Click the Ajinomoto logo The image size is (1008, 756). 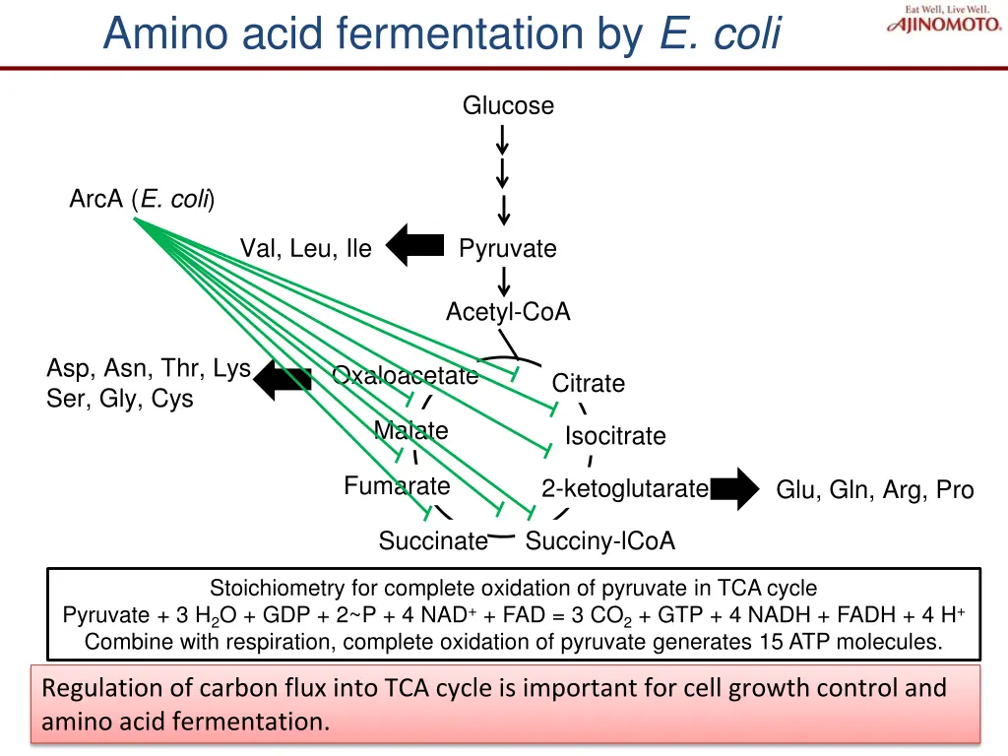pyautogui.click(x=945, y=22)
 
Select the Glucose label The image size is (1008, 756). pyautogui.click(x=508, y=105)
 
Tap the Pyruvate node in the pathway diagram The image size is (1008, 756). pyautogui.click(x=508, y=249)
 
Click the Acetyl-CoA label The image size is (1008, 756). pyautogui.click(x=508, y=312)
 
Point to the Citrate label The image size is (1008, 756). pyautogui.click(x=589, y=383)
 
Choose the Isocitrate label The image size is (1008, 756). pyautogui.click(x=615, y=436)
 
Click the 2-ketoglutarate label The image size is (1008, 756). pyautogui.click(x=624, y=489)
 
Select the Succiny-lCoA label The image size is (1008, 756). pyautogui.click(x=600, y=541)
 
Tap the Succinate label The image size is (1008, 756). pyautogui.click(x=433, y=541)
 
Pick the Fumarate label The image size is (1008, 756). pyautogui.click(x=397, y=486)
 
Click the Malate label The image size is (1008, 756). pyautogui.click(x=410, y=431)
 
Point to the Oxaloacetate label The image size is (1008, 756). pyautogui.click(x=405, y=376)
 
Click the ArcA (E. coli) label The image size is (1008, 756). pyautogui.click(x=142, y=200)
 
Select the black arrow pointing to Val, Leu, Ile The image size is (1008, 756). pyautogui.click(x=414, y=245)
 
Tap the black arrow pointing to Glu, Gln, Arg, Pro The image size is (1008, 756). pyautogui.click(x=734, y=489)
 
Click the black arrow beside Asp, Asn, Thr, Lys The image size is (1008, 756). pyautogui.click(x=283, y=379)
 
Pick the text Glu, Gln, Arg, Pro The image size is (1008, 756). pyautogui.click(x=875, y=490)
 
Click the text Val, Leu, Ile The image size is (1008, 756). pyautogui.click(x=306, y=249)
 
